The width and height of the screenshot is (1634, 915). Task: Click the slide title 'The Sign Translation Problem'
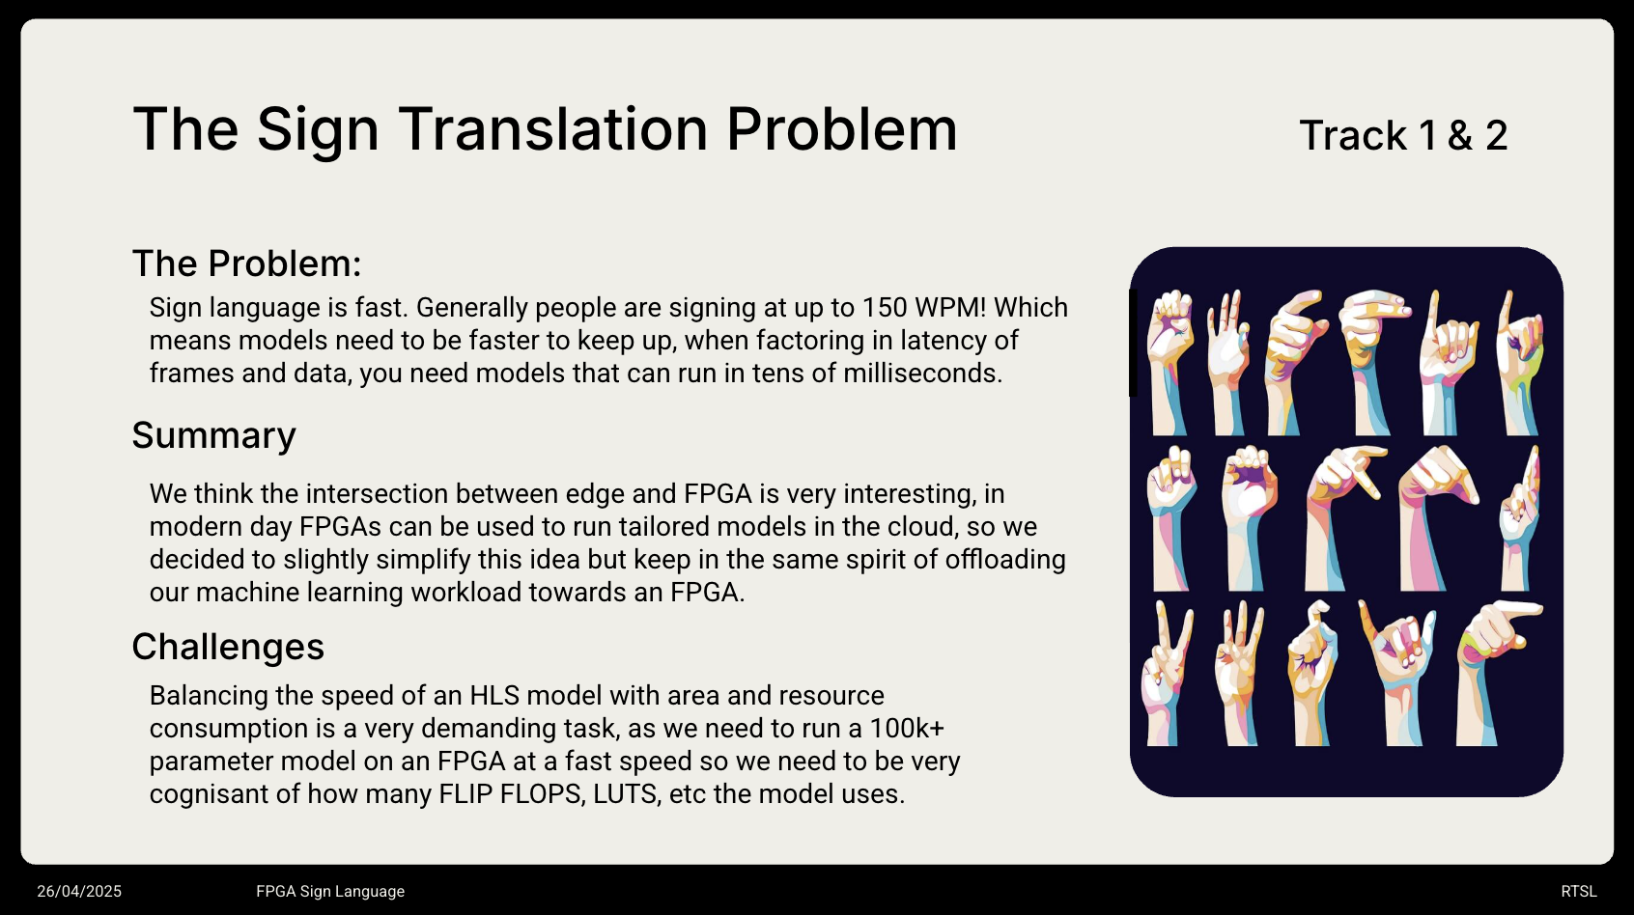(545, 129)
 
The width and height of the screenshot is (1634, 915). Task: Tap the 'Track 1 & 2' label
(1403, 136)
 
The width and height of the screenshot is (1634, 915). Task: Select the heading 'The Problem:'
(246, 263)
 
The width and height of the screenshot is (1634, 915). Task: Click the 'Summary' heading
(213, 436)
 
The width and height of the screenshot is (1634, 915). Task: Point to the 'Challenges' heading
(228, 647)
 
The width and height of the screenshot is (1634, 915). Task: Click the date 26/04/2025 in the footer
(79, 892)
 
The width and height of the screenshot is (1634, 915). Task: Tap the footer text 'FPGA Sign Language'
(330, 892)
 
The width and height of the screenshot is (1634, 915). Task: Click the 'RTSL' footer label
(1579, 892)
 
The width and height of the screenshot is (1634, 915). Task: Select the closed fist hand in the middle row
(1248, 516)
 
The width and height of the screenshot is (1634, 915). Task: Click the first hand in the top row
(1169, 362)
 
